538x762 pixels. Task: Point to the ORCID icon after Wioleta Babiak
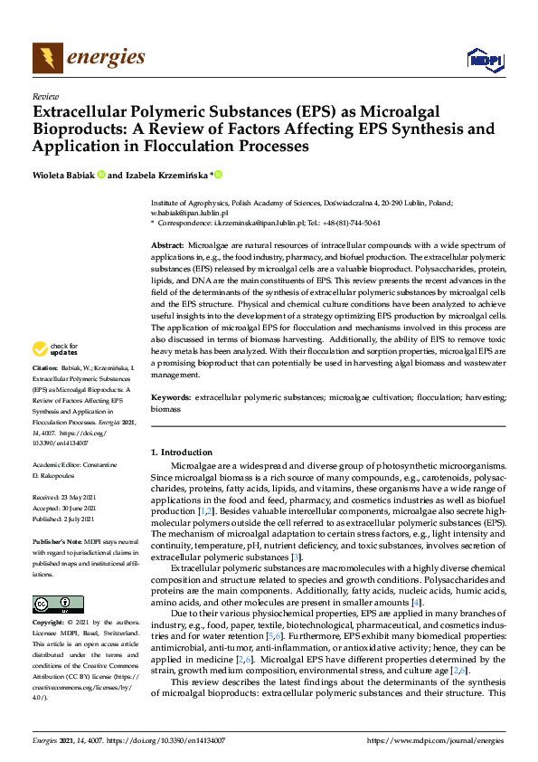point(101,175)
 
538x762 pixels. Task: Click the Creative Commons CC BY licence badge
point(57,604)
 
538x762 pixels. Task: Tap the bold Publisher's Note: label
point(56,541)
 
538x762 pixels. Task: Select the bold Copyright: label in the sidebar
point(49,624)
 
